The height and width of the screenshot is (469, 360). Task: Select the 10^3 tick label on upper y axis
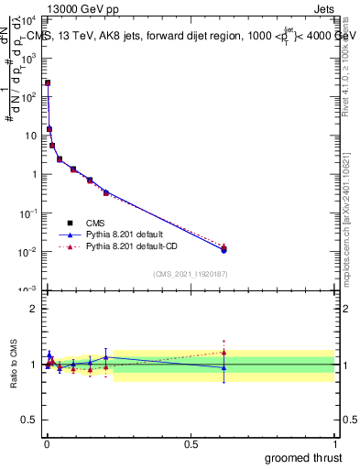[x=27, y=57]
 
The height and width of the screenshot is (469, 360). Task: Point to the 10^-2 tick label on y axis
[x=27, y=252]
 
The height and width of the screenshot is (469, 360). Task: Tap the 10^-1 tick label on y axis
[x=27, y=213]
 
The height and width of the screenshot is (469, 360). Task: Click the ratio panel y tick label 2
[x=33, y=309]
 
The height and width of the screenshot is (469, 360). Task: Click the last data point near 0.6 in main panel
[x=224, y=249]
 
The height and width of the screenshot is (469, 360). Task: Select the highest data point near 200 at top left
[x=48, y=83]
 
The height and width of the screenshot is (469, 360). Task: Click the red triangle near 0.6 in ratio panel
[x=224, y=352]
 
